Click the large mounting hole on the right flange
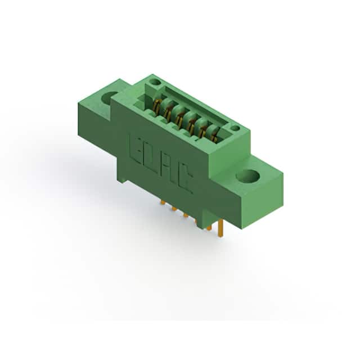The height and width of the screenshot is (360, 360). click(247, 177)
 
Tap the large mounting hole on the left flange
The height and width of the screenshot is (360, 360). click(110, 98)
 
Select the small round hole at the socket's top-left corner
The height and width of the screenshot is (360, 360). click(155, 82)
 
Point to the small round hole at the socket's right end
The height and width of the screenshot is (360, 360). click(235, 128)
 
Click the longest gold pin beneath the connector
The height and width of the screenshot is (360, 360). click(220, 228)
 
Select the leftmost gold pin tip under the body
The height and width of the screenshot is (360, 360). click(163, 202)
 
